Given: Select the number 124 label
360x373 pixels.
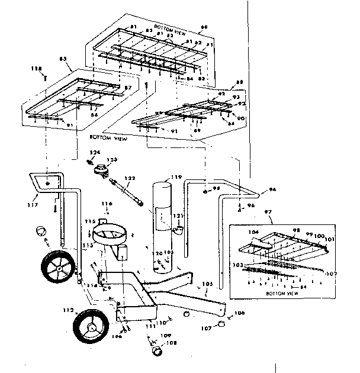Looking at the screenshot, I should [x=92, y=153].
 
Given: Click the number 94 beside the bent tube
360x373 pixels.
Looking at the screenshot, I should [x=274, y=191].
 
